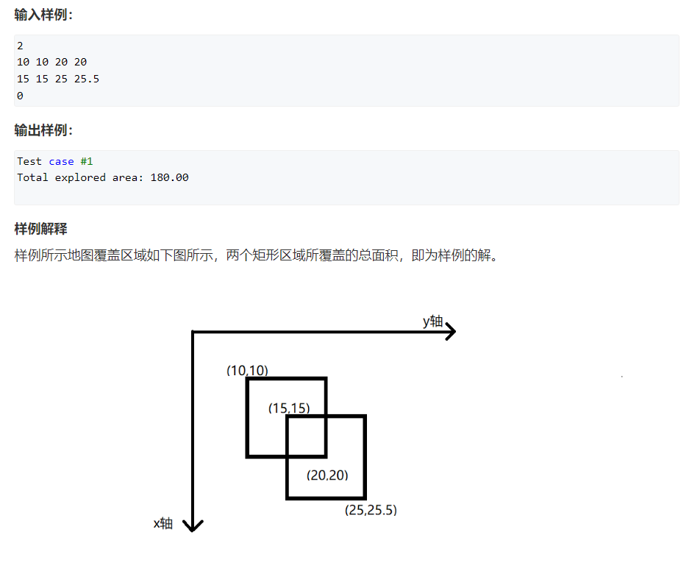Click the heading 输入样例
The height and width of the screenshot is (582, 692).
pyautogui.click(x=43, y=15)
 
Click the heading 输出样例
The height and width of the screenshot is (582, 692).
pyautogui.click(x=43, y=130)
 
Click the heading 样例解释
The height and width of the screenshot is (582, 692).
pyautogui.click(x=40, y=229)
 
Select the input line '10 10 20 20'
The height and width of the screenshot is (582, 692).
pyautogui.click(x=51, y=63)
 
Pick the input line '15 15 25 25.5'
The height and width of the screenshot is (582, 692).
pyautogui.click(x=57, y=79)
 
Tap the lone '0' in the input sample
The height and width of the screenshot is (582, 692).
pyautogui.click(x=20, y=96)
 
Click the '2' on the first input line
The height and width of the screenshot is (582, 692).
pyautogui.click(x=20, y=46)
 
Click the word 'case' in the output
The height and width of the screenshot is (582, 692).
pyautogui.click(x=61, y=161)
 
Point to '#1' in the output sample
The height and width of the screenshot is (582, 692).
pyautogui.click(x=87, y=161)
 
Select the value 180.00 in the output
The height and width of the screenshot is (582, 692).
pyautogui.click(x=169, y=177)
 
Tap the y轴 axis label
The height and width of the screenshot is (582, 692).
pyautogui.click(x=432, y=322)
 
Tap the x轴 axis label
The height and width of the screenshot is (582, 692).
pyautogui.click(x=163, y=523)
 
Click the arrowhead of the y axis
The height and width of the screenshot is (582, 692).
pyautogui.click(x=449, y=332)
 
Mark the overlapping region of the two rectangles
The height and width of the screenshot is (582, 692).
pyautogui.click(x=306, y=436)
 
